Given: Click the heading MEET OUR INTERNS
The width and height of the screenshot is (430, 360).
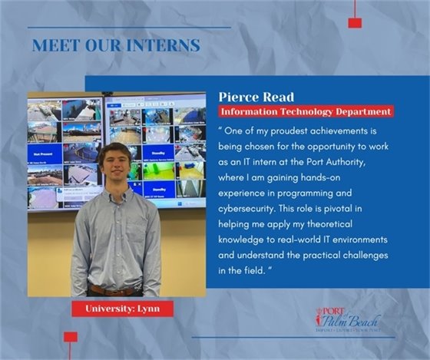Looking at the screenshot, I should pyautogui.click(x=116, y=45).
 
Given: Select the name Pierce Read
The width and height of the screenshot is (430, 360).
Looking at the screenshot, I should pyautogui.click(x=255, y=97).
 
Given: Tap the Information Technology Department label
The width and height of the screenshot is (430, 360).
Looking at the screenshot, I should pyautogui.click(x=306, y=111).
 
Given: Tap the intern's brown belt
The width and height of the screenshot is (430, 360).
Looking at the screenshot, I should pyautogui.click(x=115, y=290).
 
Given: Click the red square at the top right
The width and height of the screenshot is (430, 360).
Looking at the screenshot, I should pyautogui.click(x=355, y=22).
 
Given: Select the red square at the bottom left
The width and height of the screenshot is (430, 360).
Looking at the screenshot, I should pyautogui.click(x=71, y=336).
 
